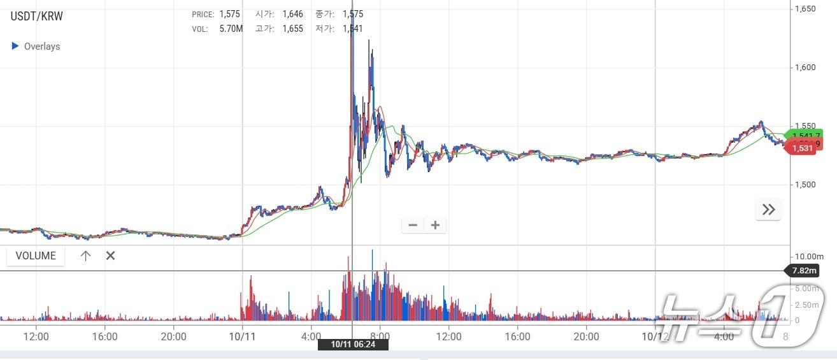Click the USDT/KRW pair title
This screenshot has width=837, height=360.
coord(37,17)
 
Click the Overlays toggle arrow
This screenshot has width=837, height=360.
coord(15,46)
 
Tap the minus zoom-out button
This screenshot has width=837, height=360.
coord(413,225)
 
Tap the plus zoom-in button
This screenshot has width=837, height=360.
coord(435,225)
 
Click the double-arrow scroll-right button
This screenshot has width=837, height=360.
coord(768,210)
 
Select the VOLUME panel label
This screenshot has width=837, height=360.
coord(36,256)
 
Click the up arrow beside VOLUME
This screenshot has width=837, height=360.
coord(86,256)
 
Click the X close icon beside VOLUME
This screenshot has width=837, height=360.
coord(110,256)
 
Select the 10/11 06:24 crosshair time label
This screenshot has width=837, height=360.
coord(353,344)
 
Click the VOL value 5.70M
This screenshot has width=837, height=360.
coord(231,29)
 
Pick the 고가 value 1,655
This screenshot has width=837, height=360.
coord(293,29)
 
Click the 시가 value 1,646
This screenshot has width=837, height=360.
coord(293,14)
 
